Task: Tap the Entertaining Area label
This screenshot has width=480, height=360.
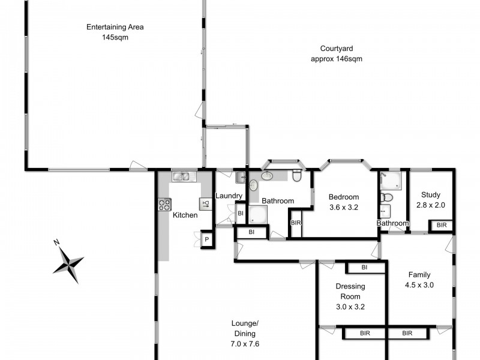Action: (115, 27)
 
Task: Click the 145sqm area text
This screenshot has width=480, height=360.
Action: (115, 37)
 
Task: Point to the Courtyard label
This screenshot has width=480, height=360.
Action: (336, 49)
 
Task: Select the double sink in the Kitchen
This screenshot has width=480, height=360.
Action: (181, 176)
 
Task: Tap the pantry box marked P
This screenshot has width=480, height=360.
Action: (206, 240)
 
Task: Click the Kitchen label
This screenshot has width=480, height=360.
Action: (185, 215)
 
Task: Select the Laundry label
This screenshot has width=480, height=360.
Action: (229, 196)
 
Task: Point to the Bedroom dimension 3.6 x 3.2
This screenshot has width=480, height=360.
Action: (344, 208)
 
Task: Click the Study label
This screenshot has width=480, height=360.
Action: (431, 195)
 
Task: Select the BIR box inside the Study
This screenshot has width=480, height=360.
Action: (441, 226)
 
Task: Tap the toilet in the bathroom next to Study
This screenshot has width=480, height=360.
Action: (387, 197)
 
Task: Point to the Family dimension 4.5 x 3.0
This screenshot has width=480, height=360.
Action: (420, 286)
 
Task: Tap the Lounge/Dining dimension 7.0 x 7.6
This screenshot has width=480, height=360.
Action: (244, 344)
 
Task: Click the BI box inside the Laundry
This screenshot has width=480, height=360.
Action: (240, 213)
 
